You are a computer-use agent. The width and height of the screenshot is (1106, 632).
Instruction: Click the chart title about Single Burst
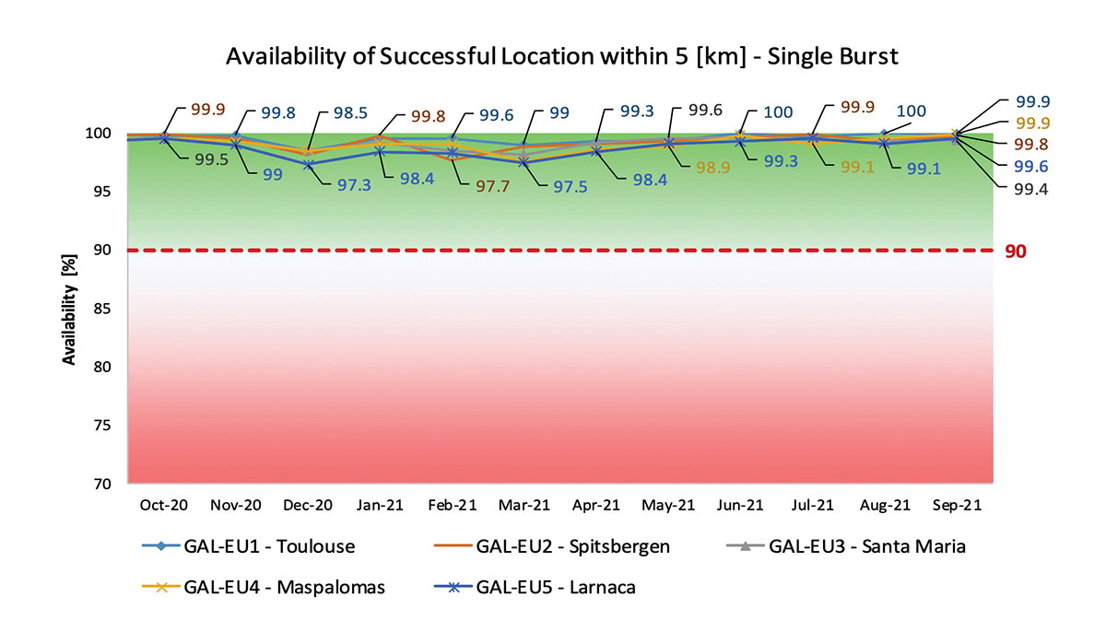pyautogui.click(x=561, y=56)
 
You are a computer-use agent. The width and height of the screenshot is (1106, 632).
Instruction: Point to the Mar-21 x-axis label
pyautogui.click(x=524, y=505)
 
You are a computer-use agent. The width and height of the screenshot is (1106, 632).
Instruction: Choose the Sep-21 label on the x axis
pyautogui.click(x=956, y=505)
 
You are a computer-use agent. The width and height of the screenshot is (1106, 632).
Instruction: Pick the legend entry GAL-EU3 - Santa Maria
pyautogui.click(x=866, y=546)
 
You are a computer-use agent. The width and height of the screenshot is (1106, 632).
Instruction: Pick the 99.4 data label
pyautogui.click(x=1032, y=189)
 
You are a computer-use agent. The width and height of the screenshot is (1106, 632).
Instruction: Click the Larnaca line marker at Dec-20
pyautogui.click(x=308, y=164)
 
